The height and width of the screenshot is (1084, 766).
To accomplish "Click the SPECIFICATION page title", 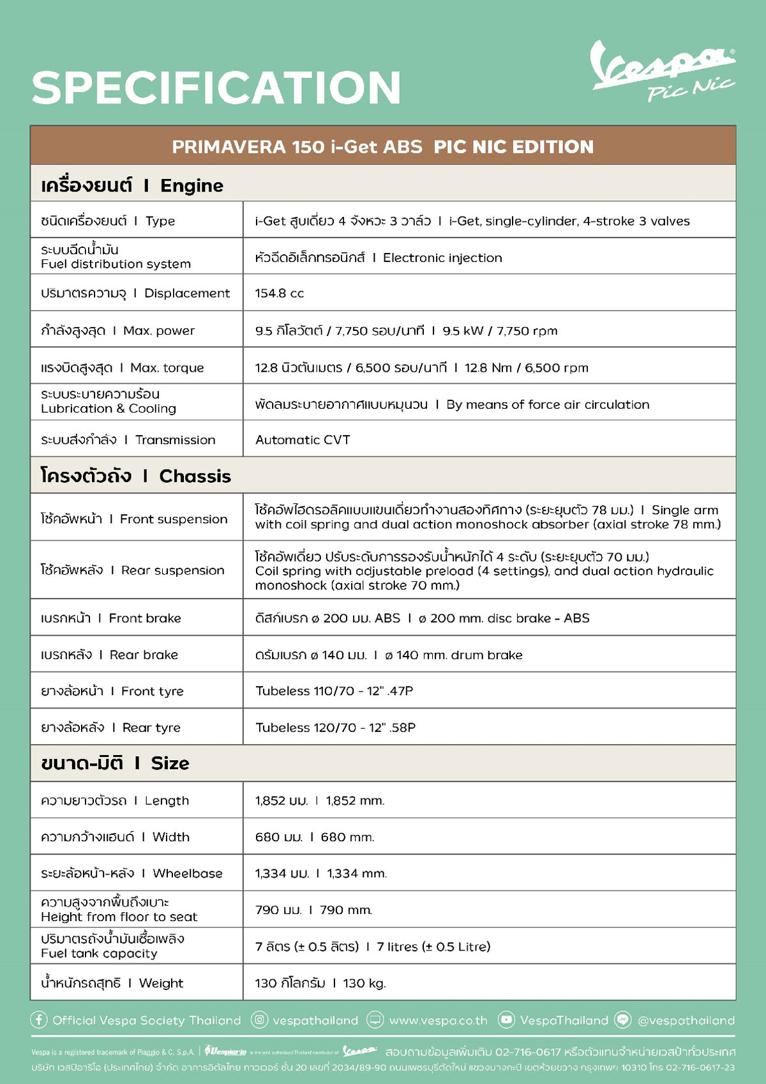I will click(216, 88).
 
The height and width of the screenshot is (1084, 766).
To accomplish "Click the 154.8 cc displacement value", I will click(280, 293).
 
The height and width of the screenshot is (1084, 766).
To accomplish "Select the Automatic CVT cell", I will click(303, 439).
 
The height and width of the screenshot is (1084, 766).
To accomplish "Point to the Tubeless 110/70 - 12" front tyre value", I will click(334, 691).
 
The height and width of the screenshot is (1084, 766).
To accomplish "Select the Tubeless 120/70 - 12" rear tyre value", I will click(336, 728).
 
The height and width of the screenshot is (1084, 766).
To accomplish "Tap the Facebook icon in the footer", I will click(39, 1020).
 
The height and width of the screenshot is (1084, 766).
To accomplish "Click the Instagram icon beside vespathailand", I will click(259, 1020).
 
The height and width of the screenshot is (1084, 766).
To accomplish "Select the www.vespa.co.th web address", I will click(438, 1021).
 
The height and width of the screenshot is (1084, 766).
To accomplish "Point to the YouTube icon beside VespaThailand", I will click(506, 1020).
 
